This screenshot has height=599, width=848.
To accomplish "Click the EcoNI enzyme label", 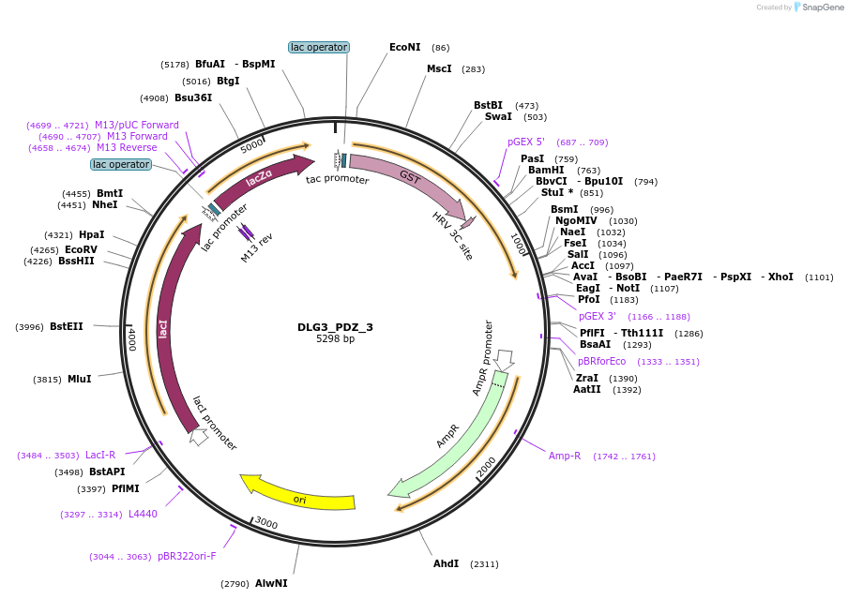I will coord(405,47).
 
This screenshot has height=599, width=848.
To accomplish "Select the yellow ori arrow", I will coord(298,494).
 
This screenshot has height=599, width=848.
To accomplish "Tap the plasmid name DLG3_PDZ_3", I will coord(335,327).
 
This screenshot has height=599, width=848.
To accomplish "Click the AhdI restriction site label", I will coord(446,563).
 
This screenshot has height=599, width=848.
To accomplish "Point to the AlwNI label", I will coord(271,583).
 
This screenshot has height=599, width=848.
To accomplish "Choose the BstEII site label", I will coord(67,326).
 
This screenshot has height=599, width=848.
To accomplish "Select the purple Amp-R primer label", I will coord(565,456).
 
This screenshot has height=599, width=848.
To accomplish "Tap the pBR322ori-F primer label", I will coord(187,556).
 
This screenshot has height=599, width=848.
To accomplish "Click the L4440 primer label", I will coord(143,514).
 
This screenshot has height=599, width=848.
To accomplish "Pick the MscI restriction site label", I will coord(439,68).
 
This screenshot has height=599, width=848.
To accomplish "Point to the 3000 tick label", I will coord(266,523).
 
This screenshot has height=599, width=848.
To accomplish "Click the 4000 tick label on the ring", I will coord(133,338).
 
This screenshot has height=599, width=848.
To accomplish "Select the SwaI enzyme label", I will coord(498,116).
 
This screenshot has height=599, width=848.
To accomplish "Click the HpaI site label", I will coord(92,234).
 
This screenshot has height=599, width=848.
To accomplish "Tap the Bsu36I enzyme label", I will coord(193,97).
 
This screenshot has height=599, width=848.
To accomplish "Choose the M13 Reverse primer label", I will coord(127,147).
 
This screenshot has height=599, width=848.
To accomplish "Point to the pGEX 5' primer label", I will coord(525,142).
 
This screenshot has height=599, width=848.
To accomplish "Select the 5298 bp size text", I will coord(335,339).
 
